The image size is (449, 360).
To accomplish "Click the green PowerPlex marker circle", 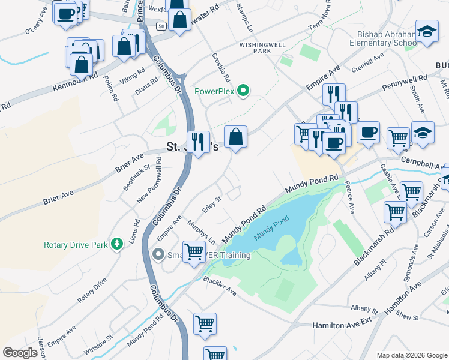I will [243, 92].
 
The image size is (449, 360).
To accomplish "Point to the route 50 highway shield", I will [161, 26].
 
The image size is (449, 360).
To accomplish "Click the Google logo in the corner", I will [20, 353].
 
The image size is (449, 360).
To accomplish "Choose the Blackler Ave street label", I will [219, 285].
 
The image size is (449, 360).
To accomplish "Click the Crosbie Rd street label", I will [221, 68].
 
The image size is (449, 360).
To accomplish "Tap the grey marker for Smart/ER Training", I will [158, 255].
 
